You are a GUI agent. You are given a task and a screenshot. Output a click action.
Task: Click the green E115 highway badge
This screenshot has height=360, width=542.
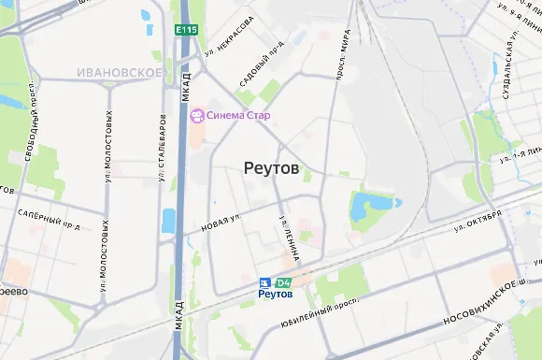tap(185, 31)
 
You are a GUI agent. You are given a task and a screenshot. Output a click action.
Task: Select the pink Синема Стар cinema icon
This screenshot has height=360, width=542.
tap(197, 116)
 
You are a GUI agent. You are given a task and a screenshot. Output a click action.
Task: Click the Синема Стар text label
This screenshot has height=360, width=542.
tap(239, 116)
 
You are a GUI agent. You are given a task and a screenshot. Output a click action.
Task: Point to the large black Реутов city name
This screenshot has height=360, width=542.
tap(271, 168)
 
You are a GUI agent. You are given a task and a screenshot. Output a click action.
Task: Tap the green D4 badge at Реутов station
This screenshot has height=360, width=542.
tap(284, 282)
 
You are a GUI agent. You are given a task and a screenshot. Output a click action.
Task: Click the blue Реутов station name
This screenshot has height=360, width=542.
tap(276, 294)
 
